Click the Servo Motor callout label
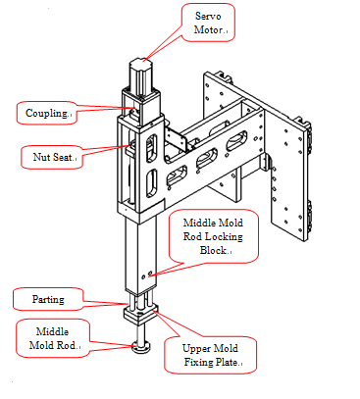coord(208,23)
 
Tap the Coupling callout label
coord(47,113)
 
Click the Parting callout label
coord(48,299)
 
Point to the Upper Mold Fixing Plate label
coord(211,355)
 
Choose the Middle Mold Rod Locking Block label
coord(213,236)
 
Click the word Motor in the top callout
coord(208,29)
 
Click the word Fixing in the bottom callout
coord(197,362)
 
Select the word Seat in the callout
coord(62,157)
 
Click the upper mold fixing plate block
coord(140,314)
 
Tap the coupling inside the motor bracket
coord(134,112)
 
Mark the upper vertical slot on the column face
coord(151,148)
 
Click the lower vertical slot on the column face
coord(151,183)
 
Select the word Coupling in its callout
coord(46,113)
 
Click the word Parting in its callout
coord(48,299)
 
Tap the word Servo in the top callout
coord(208,16)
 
